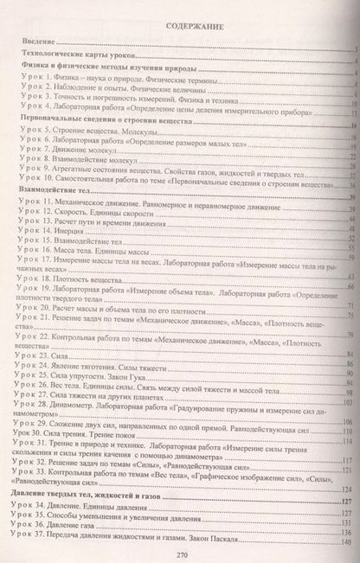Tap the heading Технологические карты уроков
coord(75,57)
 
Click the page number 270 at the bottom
coord(182,554)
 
